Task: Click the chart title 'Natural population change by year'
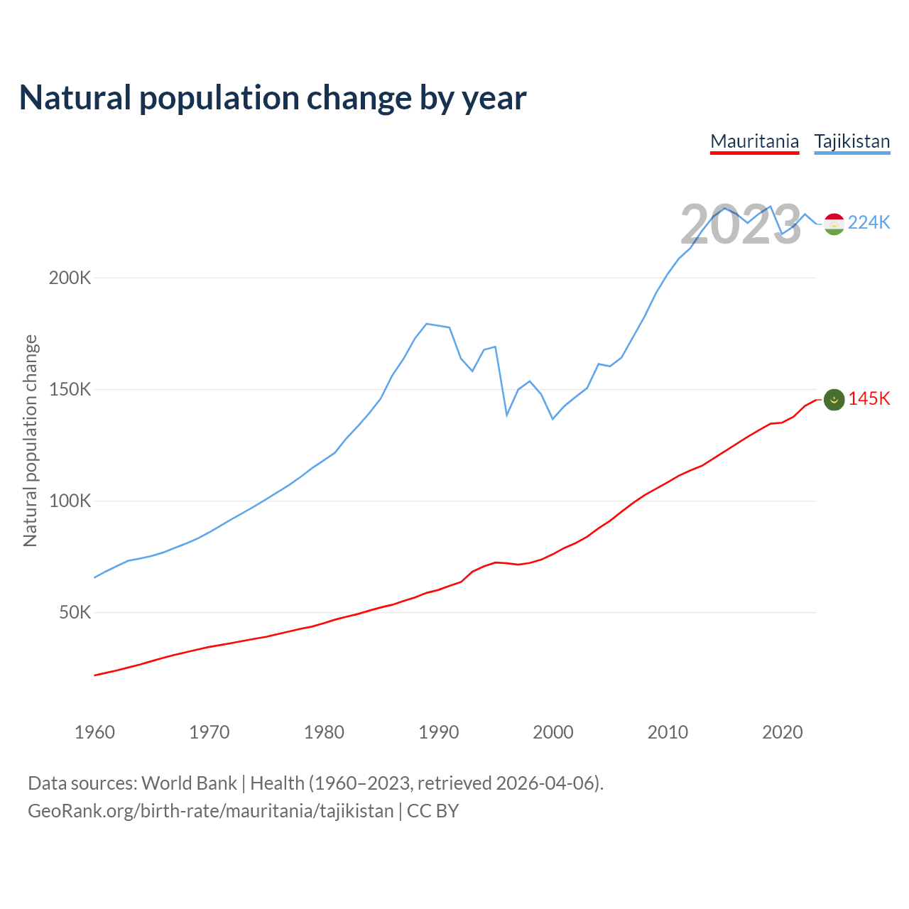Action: coord(273,98)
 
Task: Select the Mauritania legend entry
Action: coord(755,141)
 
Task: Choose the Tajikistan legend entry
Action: coord(852,141)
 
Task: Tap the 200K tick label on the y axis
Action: coord(70,278)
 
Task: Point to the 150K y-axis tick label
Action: coord(70,389)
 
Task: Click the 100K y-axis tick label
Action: coord(70,501)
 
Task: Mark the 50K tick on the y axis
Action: coord(75,612)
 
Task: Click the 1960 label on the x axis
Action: coord(94,732)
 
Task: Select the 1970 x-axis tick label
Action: coord(209,732)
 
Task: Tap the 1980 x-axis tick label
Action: coord(324,732)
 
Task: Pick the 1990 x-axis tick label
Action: coord(439,732)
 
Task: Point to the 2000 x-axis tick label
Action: coord(553,732)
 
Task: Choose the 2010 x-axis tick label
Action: coord(668,732)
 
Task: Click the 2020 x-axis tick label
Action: coord(783,732)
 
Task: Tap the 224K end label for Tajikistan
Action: coord(869,223)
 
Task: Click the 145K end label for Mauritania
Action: coord(869,399)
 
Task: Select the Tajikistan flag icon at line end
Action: coord(834,224)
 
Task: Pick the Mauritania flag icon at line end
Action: coord(834,400)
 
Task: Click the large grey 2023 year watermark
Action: coord(741,225)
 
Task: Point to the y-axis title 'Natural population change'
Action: coord(31,440)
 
